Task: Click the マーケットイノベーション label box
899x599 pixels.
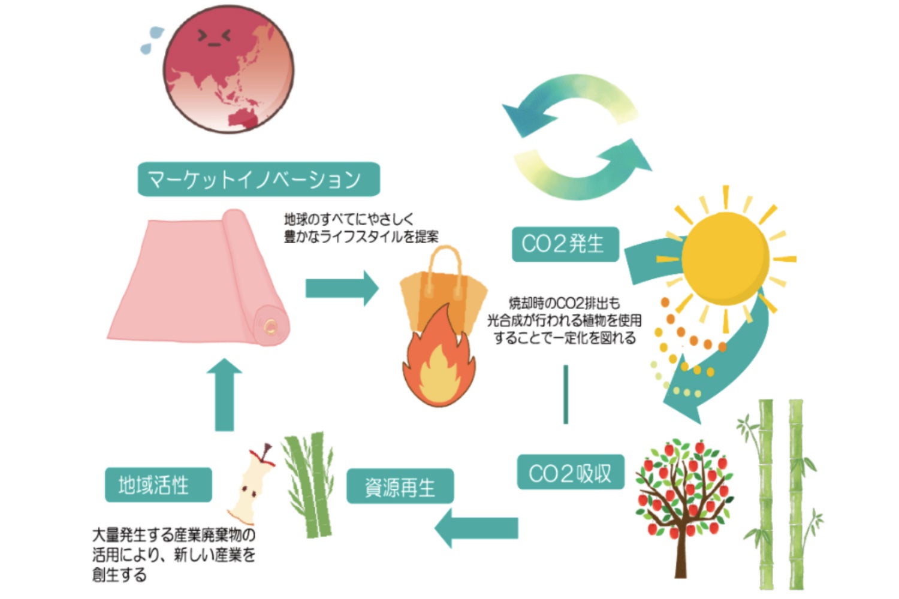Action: coord(258,179)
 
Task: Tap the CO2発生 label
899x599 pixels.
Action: coord(565,244)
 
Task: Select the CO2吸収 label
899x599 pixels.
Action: coord(570,473)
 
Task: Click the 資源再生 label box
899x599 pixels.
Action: coord(400,486)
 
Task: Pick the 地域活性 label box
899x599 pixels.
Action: coord(158,485)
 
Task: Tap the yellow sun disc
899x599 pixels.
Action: coord(725,258)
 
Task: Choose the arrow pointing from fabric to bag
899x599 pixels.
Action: coord(342,288)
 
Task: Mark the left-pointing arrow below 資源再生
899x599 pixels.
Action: coord(476,528)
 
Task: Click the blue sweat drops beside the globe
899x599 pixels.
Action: coord(152,40)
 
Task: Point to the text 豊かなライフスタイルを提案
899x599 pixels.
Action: coord(361,237)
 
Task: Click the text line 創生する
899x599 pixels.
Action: coord(119,575)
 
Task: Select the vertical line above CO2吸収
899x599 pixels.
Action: coord(566,394)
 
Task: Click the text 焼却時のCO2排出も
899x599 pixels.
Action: coord(564,303)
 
